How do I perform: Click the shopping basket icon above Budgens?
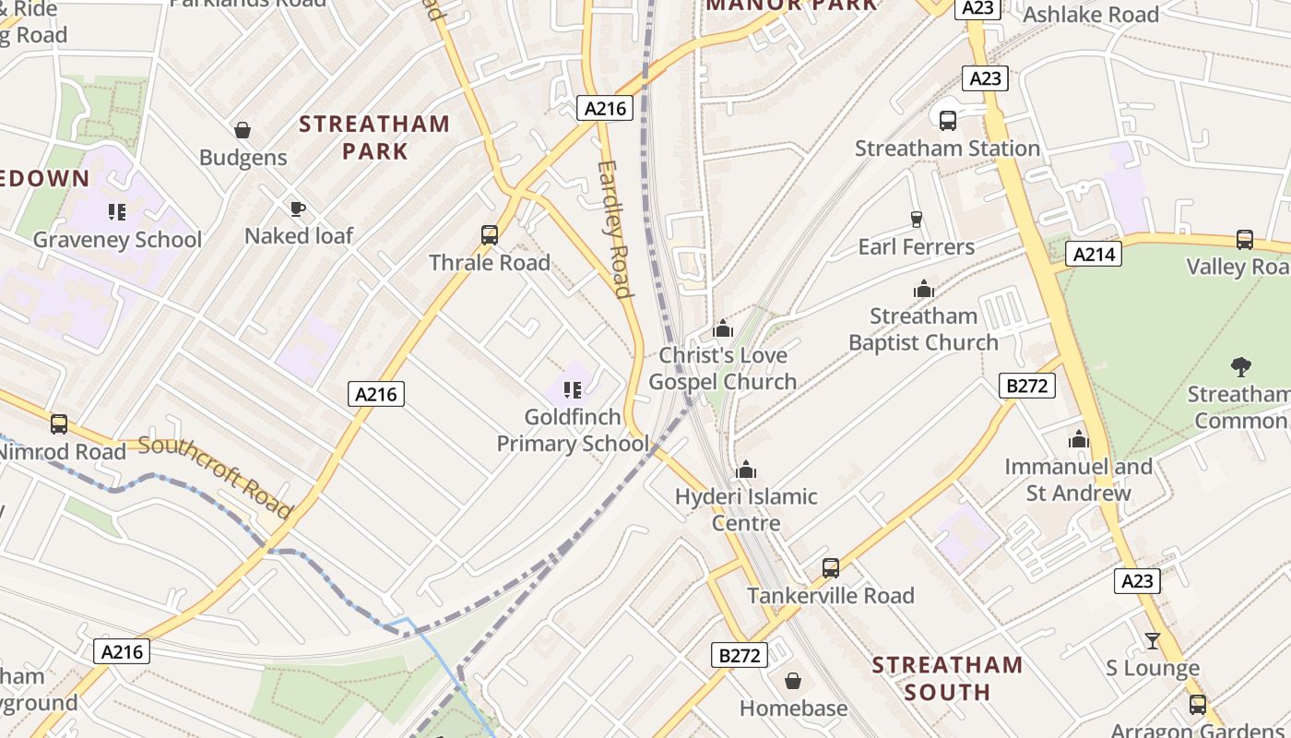(243, 130)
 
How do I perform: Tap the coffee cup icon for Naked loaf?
(297, 208)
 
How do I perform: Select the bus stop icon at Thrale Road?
(490, 235)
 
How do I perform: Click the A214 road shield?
(1093, 254)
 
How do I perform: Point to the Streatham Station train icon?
(947, 121)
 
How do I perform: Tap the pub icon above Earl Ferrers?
(916, 220)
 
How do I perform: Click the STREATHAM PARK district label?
(374, 137)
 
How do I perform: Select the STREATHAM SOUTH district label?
(947, 678)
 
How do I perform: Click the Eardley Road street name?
(614, 229)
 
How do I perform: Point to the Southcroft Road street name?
(216, 477)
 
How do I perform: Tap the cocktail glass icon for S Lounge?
(1152, 640)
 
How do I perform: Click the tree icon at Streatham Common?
(1241, 367)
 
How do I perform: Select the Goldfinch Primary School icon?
(572, 390)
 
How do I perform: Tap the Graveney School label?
(117, 240)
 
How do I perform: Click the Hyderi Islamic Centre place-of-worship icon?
(746, 470)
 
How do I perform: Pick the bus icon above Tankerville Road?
(830, 568)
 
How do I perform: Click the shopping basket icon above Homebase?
(792, 682)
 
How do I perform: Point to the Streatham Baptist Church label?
(923, 329)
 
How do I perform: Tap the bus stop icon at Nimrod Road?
(59, 424)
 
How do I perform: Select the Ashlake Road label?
(1091, 15)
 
